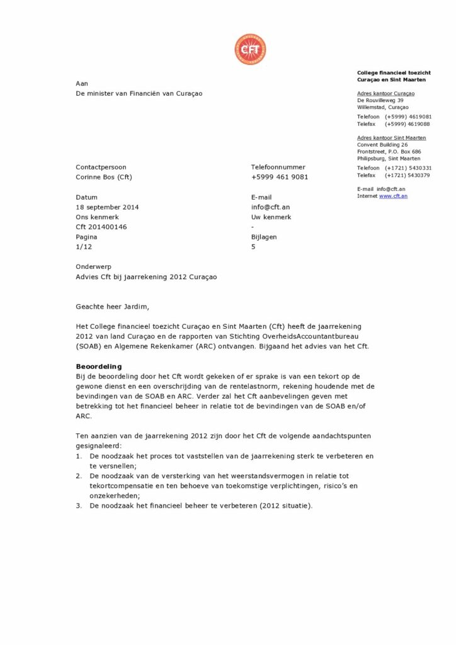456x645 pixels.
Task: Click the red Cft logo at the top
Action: click(250, 50)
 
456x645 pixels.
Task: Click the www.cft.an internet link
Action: click(393, 196)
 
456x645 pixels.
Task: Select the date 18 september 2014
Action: click(107, 207)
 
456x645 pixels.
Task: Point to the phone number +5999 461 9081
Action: click(280, 177)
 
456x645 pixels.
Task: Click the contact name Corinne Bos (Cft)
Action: click(104, 177)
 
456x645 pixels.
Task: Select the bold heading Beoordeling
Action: click(99, 366)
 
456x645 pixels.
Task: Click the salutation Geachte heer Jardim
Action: click(113, 307)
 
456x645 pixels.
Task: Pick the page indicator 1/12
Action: click(84, 247)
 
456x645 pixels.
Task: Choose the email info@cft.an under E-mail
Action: click(270, 207)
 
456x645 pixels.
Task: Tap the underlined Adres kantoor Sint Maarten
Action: click(391, 137)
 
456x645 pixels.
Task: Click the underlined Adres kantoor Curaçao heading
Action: click(385, 93)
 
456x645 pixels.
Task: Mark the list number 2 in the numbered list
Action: click(79, 476)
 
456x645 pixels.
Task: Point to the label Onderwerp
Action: click(93, 267)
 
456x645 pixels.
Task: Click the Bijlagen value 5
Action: click(253, 247)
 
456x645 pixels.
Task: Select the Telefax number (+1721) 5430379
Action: click(408, 175)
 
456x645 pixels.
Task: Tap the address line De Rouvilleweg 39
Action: click(380, 100)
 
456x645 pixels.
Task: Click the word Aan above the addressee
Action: click(82, 83)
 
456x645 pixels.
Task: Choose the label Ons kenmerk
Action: click(97, 217)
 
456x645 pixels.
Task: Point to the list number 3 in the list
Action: click(79, 506)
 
